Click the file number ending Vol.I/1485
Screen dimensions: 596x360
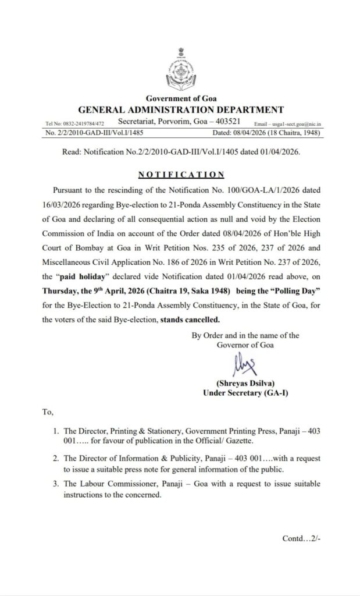(97, 133)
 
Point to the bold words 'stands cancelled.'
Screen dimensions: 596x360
(193, 319)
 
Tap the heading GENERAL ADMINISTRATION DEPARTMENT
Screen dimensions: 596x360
(181, 109)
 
